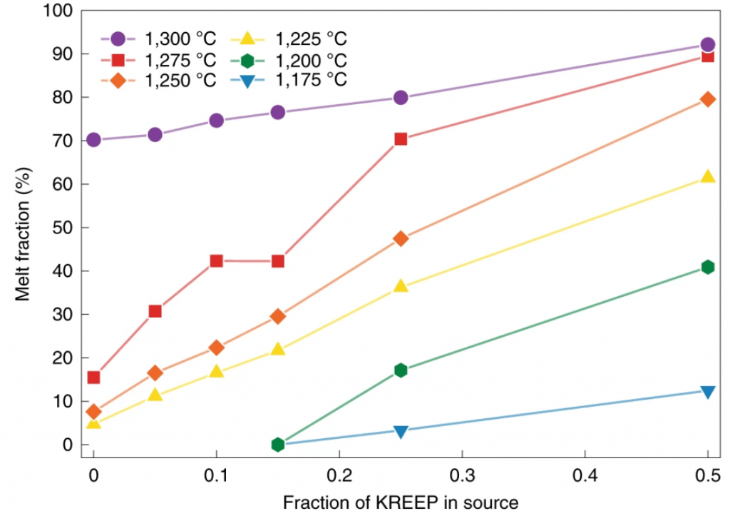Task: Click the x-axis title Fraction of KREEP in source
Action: pyautogui.click(x=401, y=502)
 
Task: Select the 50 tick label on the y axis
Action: pyautogui.click(x=63, y=228)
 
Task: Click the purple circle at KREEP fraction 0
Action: pyautogui.click(x=93, y=140)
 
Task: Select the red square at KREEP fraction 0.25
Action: pyautogui.click(x=401, y=138)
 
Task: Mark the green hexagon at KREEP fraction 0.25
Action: pyautogui.click(x=401, y=370)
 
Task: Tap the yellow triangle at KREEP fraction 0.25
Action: pyautogui.click(x=401, y=286)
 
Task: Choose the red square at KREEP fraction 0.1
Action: pyautogui.click(x=216, y=260)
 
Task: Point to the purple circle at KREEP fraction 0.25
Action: pyautogui.click(x=401, y=97)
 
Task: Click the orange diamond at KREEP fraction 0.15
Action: pyautogui.click(x=278, y=316)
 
